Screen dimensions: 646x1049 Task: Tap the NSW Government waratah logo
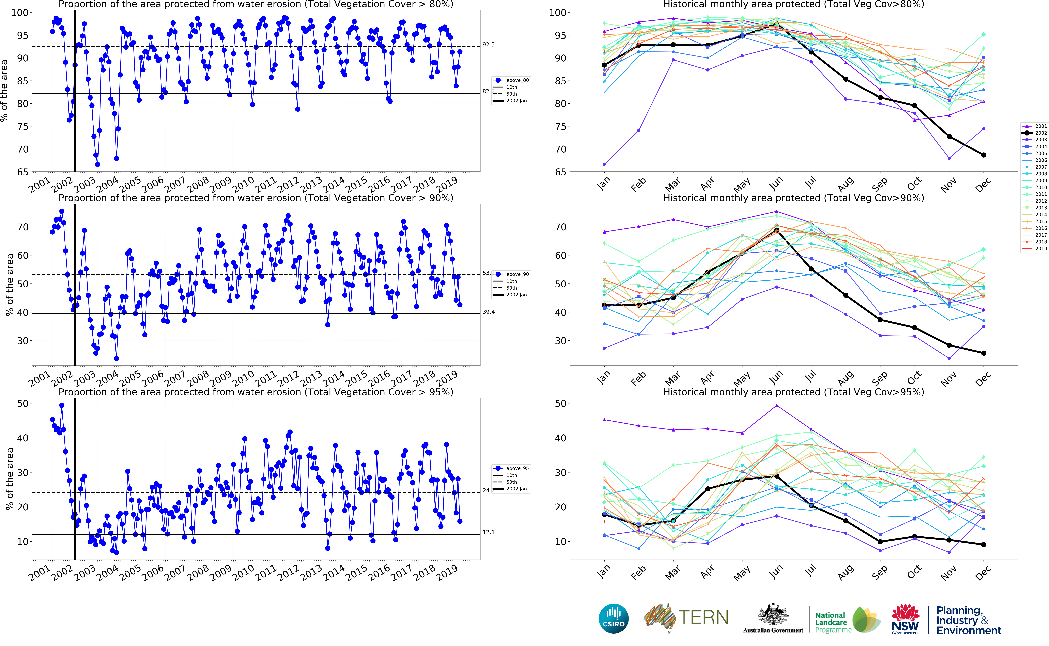coord(905,618)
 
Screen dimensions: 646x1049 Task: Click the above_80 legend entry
coord(517,80)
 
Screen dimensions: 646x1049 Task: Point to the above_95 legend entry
coord(517,468)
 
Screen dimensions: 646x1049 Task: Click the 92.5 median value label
coord(488,44)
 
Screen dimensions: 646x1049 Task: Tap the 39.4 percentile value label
coord(488,312)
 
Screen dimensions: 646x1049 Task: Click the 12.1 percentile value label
coord(488,532)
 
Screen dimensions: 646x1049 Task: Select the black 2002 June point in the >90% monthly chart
coord(777,230)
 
